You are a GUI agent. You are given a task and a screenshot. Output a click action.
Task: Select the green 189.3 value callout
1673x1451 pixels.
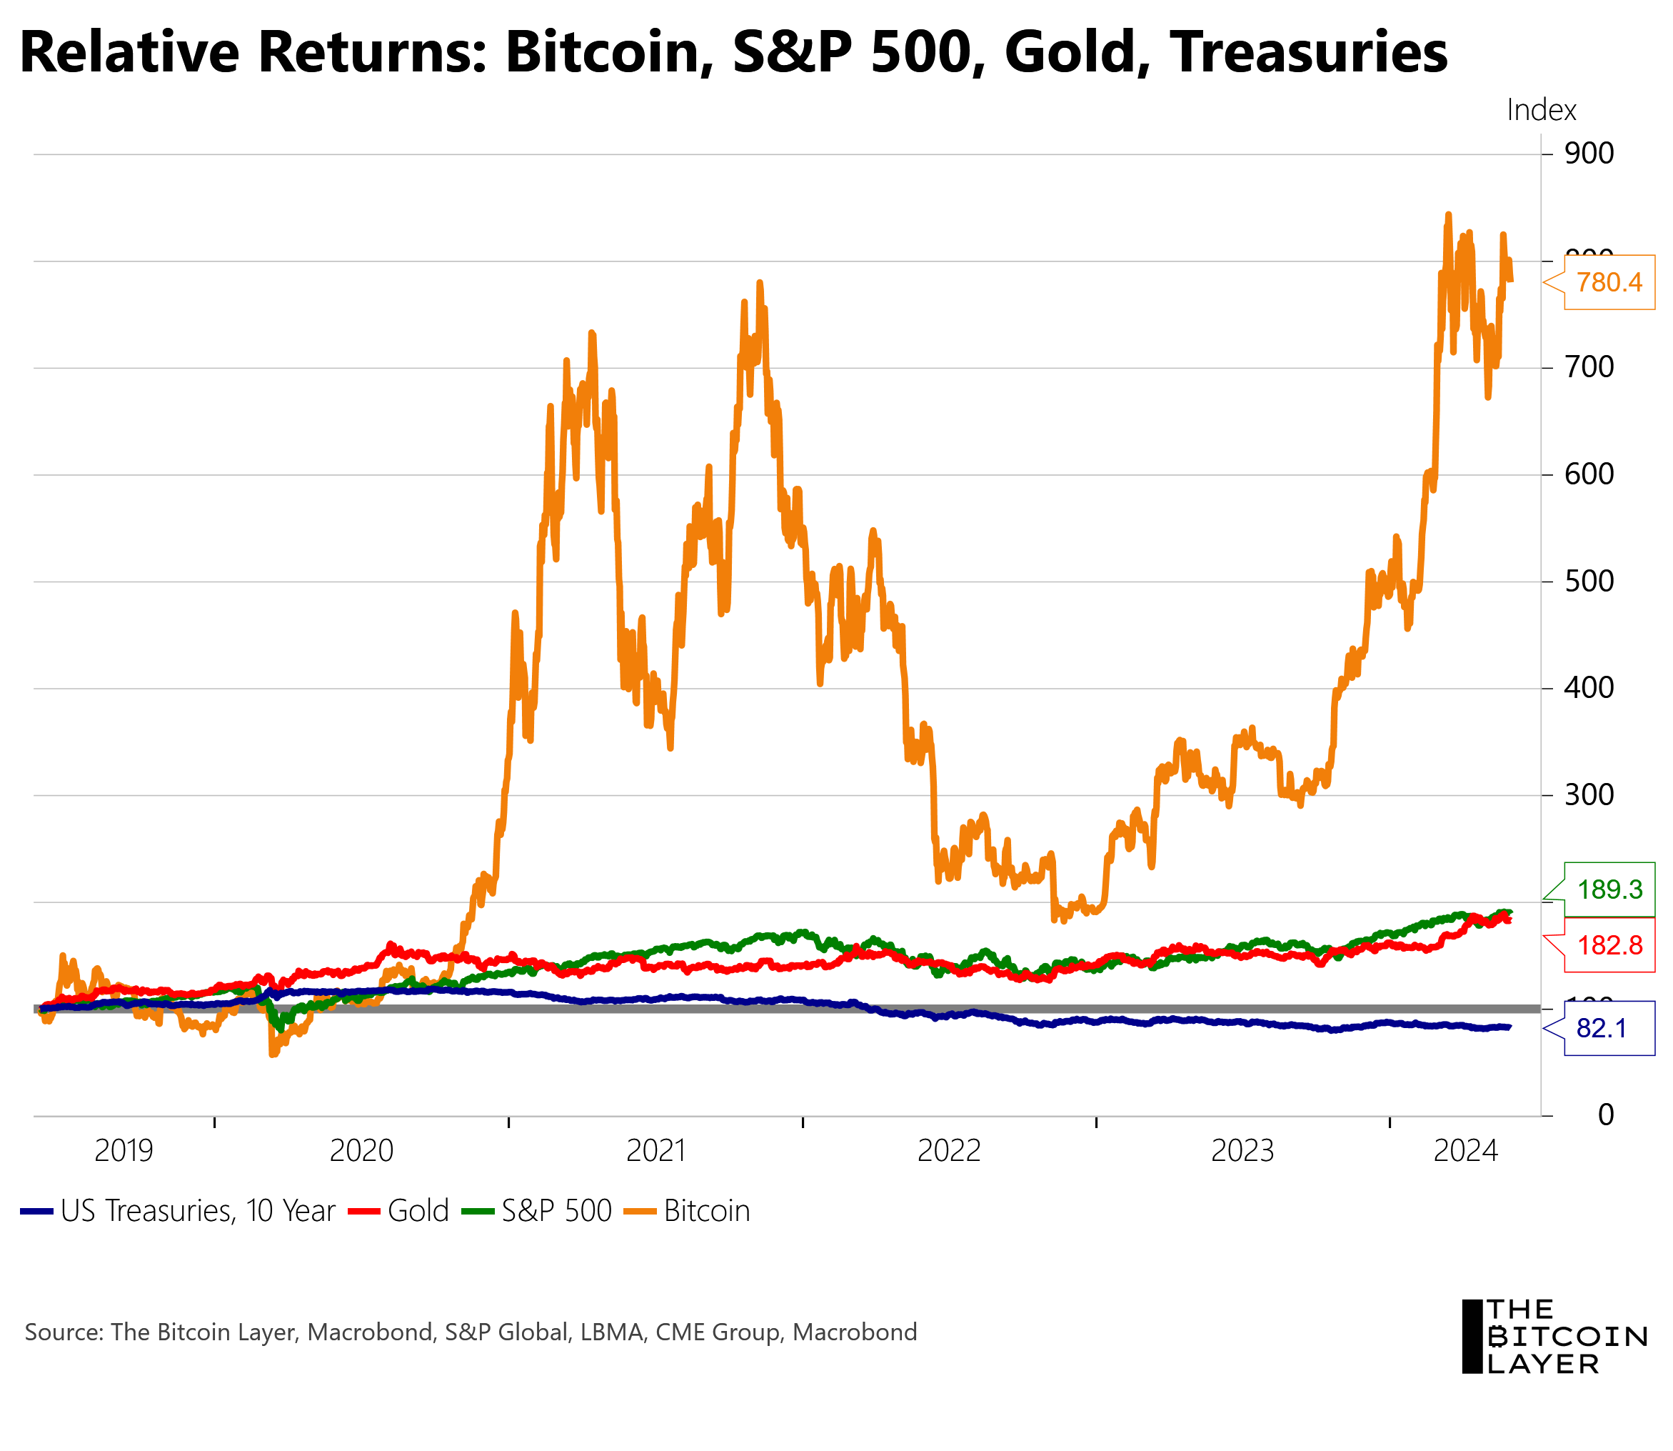[x=1608, y=889]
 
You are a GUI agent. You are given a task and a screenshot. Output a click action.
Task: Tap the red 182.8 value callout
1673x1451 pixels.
[x=1608, y=945]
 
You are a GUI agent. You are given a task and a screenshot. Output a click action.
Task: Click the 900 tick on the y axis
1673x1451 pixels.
[x=1588, y=153]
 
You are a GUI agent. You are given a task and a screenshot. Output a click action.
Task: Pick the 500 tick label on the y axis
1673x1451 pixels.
[x=1588, y=581]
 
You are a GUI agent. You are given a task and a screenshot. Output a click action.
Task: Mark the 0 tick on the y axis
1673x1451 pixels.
[x=1605, y=1115]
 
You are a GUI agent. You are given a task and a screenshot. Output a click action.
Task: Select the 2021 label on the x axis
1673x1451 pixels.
[x=655, y=1150]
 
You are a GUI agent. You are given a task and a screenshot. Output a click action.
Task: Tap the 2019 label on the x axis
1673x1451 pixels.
[x=123, y=1150]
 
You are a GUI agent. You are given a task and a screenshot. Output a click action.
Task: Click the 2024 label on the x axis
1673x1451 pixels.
[x=1465, y=1150]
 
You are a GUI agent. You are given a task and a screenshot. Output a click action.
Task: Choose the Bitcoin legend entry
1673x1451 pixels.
[x=705, y=1210]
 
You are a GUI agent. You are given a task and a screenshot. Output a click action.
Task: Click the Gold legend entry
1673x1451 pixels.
[x=418, y=1210]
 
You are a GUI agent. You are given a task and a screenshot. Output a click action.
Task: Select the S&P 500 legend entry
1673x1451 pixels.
[x=556, y=1210]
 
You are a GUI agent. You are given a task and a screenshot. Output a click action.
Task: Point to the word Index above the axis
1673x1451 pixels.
[x=1540, y=110]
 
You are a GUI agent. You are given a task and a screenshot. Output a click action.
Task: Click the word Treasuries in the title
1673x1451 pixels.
[x=1307, y=53]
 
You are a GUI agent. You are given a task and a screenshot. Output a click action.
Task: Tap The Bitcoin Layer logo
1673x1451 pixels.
[x=1552, y=1337]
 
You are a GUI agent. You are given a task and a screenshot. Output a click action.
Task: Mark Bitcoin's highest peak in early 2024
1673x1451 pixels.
[x=1447, y=215]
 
